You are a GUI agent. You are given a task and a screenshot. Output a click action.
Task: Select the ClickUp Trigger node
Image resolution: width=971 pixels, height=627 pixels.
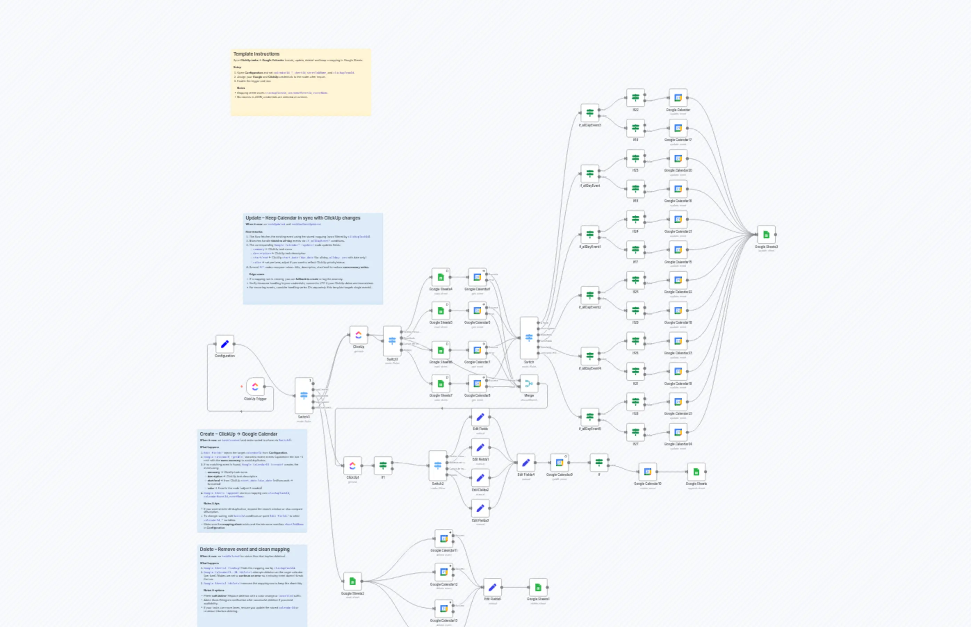[255, 386]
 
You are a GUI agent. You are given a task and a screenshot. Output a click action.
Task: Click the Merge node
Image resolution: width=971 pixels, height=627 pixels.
[529, 383]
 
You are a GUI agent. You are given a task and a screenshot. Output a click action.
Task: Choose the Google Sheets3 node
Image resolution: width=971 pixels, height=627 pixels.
[766, 234]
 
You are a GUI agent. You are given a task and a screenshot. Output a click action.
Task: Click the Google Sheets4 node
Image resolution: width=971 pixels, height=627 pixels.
[440, 277]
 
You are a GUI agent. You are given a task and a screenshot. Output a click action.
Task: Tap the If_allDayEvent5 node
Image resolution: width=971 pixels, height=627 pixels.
[590, 417]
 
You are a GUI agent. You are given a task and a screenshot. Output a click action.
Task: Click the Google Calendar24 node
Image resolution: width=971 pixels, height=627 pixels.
[678, 432]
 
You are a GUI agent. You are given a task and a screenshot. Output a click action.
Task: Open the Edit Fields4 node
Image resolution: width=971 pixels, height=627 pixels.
[526, 462]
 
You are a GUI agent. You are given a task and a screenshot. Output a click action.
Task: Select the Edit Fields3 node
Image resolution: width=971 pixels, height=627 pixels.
[480, 508]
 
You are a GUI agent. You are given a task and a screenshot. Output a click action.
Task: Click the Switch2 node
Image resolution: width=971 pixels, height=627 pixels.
[438, 465]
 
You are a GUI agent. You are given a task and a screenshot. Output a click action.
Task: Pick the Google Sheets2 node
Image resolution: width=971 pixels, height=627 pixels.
[352, 581]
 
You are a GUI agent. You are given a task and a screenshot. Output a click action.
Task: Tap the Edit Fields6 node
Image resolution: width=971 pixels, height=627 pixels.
[492, 587]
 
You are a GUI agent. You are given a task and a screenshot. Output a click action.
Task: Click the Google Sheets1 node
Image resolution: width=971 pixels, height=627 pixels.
[538, 587]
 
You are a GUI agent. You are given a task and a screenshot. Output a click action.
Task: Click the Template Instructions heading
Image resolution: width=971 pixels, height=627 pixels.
[256, 54]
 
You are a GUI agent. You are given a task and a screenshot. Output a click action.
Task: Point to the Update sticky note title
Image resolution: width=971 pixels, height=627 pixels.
[303, 218]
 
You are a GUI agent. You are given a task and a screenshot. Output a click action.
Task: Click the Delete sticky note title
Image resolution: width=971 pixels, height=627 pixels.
[244, 549]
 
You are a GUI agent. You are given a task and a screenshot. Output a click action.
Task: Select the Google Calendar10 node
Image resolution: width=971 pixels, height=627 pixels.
[647, 472]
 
